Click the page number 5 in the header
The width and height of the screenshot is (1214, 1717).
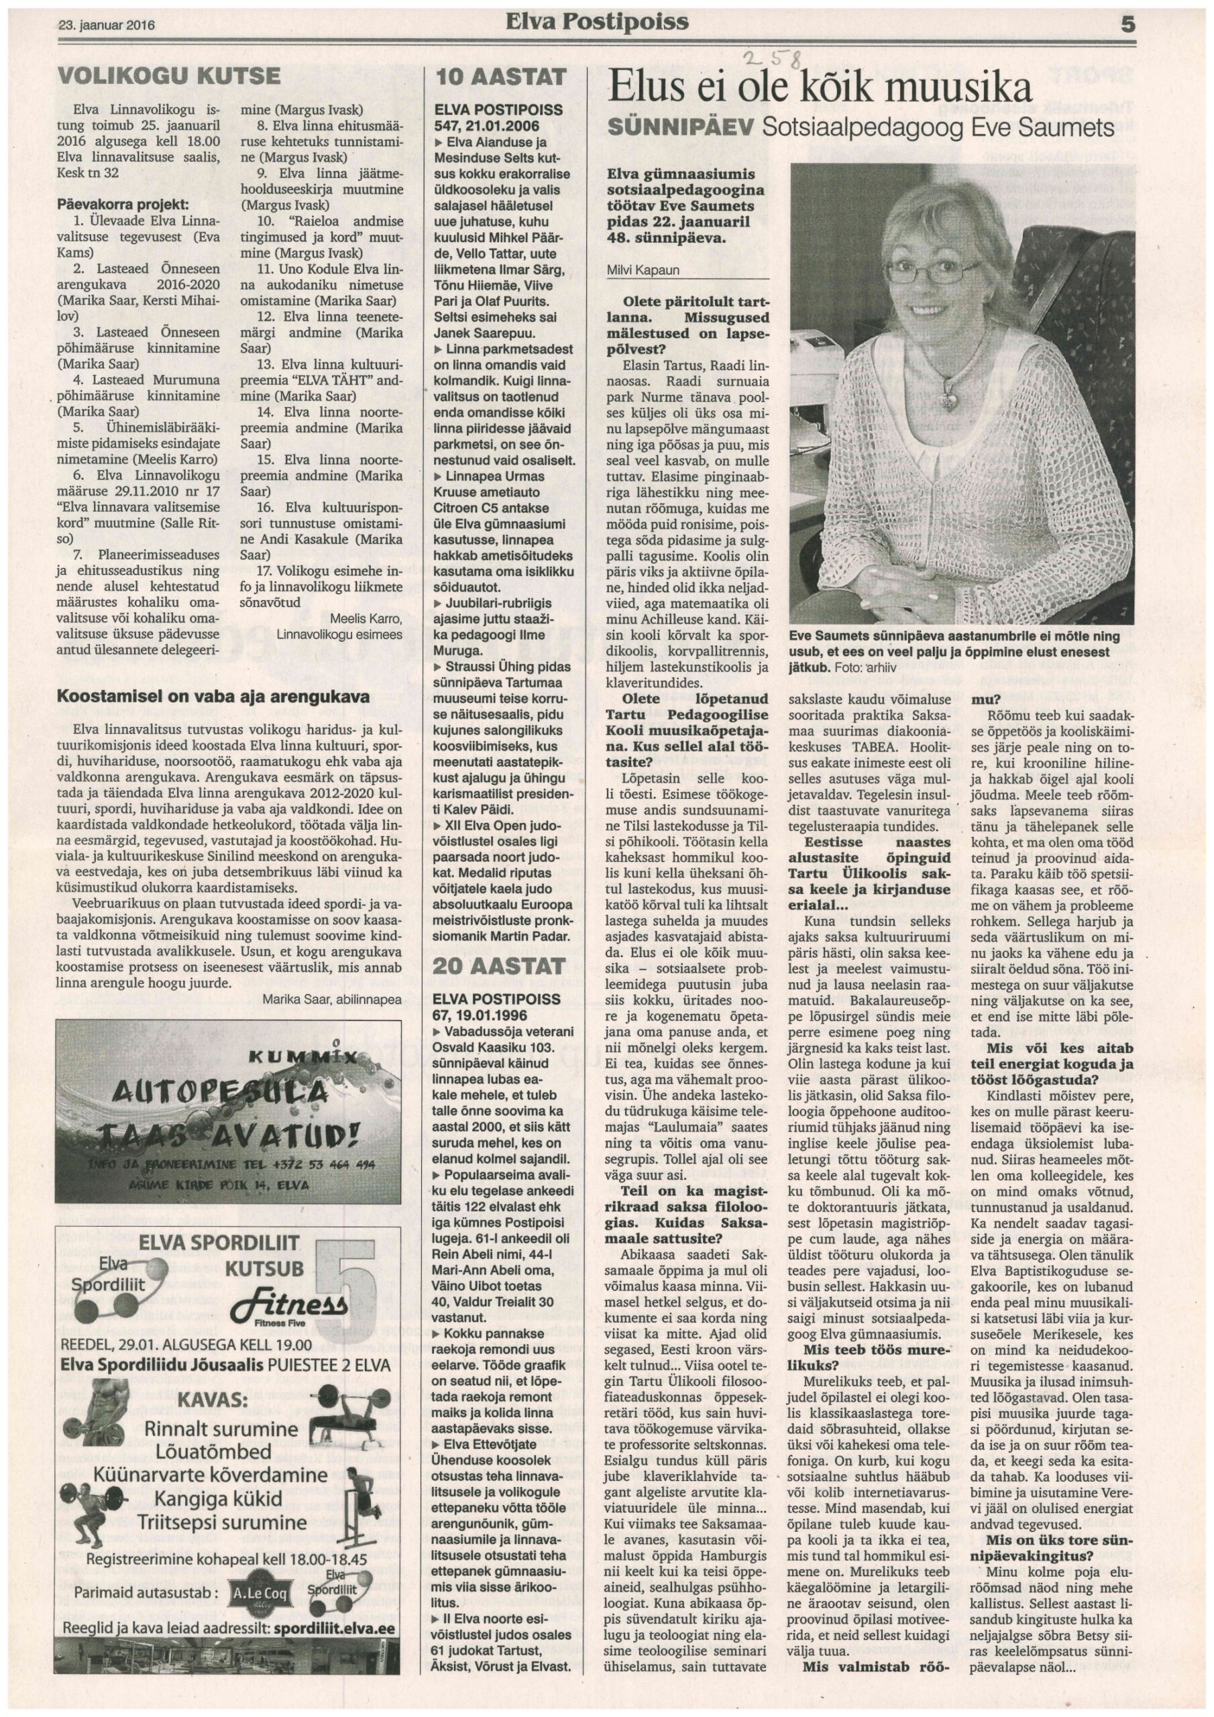tap(1128, 25)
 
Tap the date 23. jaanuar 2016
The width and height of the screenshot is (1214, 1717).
tap(107, 24)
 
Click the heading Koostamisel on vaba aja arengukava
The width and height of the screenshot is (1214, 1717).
tap(213, 697)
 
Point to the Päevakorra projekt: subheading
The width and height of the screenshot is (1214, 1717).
tap(121, 203)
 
